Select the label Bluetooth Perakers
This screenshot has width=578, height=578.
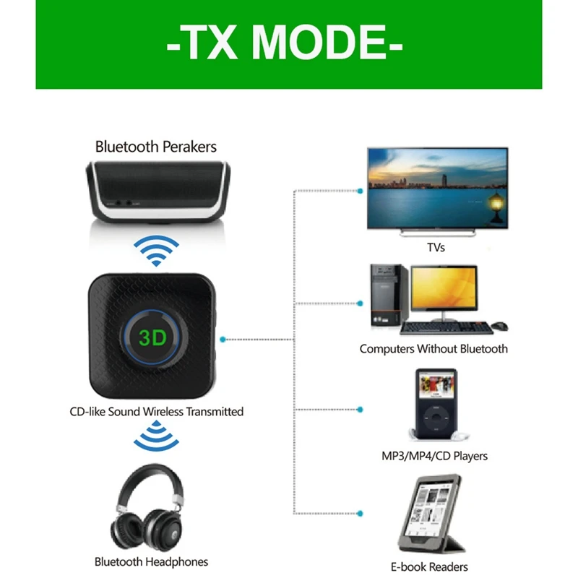click(x=156, y=147)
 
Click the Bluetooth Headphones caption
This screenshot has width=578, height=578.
click(x=151, y=561)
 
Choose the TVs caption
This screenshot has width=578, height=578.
click(x=436, y=247)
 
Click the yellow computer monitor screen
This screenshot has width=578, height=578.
click(x=444, y=291)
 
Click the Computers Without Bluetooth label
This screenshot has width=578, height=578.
click(x=433, y=349)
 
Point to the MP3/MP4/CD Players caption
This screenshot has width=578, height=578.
click(x=434, y=456)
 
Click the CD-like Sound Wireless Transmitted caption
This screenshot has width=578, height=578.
click(x=156, y=412)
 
